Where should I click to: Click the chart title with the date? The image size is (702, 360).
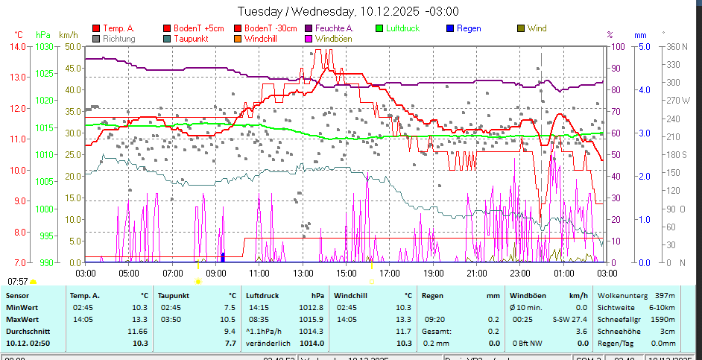[x=348, y=11]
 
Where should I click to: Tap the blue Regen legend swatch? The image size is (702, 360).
[x=450, y=29]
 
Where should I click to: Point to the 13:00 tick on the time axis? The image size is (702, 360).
[x=302, y=273]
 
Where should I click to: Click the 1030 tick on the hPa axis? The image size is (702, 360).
[x=44, y=46]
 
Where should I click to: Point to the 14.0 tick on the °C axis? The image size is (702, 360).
[x=18, y=46]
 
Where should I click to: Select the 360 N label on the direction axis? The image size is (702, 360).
[x=674, y=46]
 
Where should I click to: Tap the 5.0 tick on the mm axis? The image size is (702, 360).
[x=642, y=46]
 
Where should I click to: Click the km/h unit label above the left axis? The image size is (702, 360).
[x=68, y=34]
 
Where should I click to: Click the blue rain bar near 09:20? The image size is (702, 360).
[x=223, y=257]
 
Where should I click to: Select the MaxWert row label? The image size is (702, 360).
[x=22, y=319]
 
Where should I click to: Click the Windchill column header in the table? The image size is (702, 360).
[x=352, y=295]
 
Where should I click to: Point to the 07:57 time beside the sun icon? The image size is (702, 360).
[x=18, y=282]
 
